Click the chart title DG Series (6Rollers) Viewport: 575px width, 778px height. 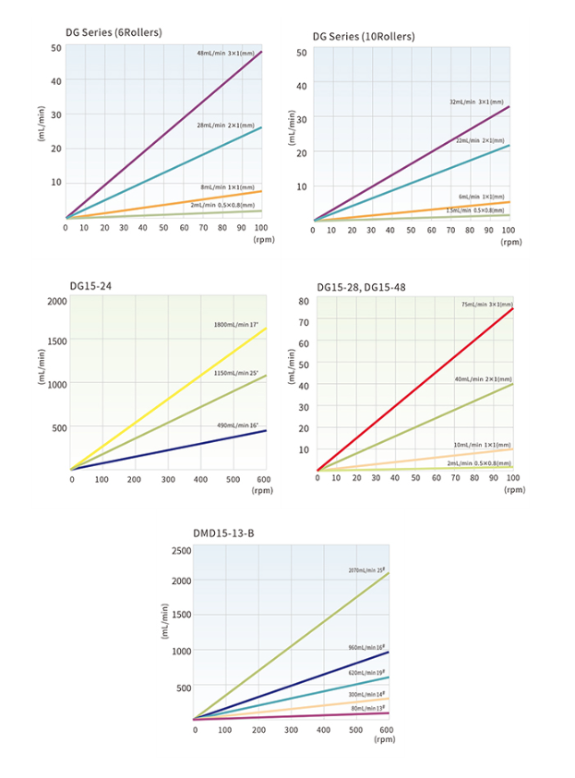(x=114, y=32)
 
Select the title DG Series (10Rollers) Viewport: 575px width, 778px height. (x=364, y=36)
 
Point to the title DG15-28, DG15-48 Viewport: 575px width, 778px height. (x=361, y=287)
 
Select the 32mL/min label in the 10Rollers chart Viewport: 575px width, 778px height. (x=476, y=102)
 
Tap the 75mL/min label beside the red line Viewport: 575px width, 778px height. (x=486, y=305)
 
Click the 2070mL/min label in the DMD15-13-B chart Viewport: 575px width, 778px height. (x=366, y=570)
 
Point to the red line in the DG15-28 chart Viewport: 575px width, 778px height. (x=415, y=389)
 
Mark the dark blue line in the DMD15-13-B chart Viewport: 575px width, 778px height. (x=295, y=685)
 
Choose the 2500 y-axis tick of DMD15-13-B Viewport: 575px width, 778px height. (x=179, y=550)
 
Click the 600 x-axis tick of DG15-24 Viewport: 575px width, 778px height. (x=261, y=479)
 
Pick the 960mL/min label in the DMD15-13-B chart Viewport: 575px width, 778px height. (x=365, y=648)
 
